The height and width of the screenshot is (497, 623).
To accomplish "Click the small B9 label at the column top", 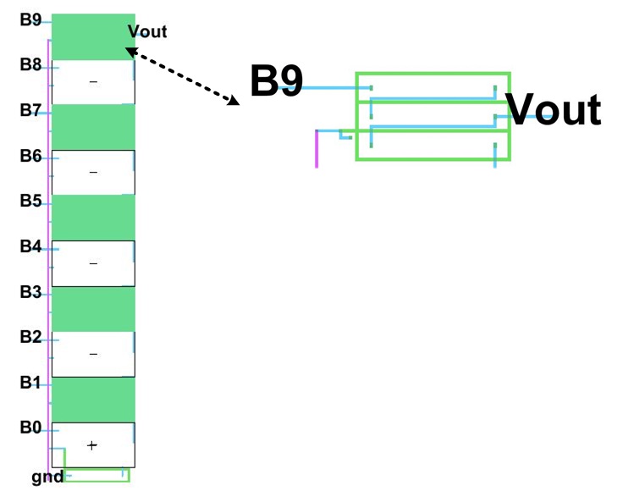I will [x=30, y=19].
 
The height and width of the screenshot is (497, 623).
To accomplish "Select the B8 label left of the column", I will [x=30, y=64].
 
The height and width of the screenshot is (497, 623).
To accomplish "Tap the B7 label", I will [x=30, y=110].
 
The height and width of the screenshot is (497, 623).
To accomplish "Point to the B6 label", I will [x=30, y=156].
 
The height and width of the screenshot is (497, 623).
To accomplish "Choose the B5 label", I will [x=30, y=201].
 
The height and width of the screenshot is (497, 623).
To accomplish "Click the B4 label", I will [x=30, y=246].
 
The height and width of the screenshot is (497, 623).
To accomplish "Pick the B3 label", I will [x=30, y=292].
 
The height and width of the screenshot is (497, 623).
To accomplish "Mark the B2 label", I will [x=30, y=337].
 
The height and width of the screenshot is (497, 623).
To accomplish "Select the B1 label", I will [x=30, y=383].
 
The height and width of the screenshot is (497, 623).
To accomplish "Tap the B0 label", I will [x=30, y=428].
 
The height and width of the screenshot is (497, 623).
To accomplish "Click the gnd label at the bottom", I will [x=47, y=478].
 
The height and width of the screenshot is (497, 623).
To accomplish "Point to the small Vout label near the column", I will [x=147, y=32].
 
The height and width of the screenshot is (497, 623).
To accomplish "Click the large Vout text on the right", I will [x=553, y=109].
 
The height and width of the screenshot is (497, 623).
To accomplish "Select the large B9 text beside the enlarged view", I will [x=276, y=81].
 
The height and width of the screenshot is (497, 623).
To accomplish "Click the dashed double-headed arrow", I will [x=182, y=76].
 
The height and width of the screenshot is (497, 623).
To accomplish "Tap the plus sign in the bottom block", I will [x=92, y=445].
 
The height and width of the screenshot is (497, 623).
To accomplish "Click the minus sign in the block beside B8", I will [x=93, y=81].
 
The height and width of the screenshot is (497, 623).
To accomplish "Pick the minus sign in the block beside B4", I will [x=93, y=263].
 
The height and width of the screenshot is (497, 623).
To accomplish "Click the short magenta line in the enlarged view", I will [x=317, y=149].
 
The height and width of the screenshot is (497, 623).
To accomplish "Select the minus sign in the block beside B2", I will [x=93, y=354].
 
